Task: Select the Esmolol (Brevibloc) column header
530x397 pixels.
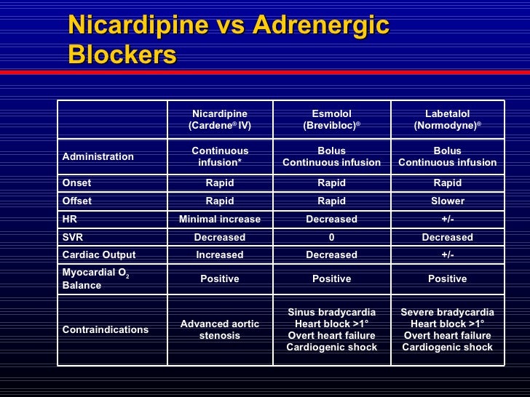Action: [331, 119]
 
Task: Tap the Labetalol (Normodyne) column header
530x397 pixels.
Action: [447, 119]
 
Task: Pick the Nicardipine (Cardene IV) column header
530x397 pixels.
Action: [219, 119]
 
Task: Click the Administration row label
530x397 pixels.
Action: [98, 156]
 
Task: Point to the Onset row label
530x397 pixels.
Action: [76, 183]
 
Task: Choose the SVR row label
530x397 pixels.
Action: [74, 237]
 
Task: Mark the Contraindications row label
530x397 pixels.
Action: [106, 329]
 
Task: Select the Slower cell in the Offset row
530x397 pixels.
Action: [447, 201]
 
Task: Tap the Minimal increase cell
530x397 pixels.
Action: [219, 219]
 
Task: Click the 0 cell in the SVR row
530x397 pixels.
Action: [331, 237]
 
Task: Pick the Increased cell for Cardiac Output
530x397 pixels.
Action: [219, 254]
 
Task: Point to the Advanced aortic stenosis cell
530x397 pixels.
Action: [219, 329]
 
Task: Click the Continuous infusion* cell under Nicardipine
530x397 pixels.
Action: [219, 156]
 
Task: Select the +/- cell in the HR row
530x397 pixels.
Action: [447, 219]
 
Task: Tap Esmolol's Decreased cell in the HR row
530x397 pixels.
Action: [331, 219]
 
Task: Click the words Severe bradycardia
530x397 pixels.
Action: [447, 312]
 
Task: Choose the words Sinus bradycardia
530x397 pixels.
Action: [331, 312]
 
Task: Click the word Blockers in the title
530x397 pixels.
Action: [122, 55]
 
